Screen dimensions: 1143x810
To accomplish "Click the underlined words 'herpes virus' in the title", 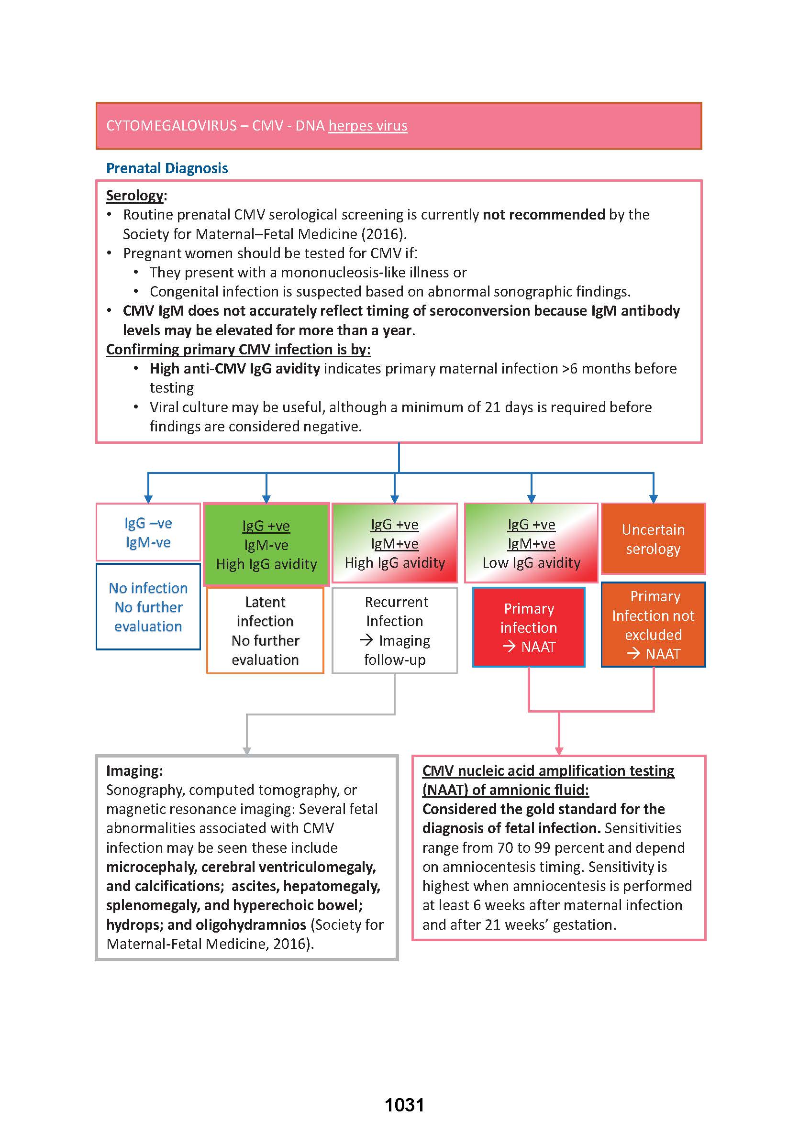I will [367, 126].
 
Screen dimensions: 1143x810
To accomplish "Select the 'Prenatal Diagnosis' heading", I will [167, 168].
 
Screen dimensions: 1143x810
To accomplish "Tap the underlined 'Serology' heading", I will [134, 196].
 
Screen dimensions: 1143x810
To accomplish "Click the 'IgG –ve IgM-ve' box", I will [148, 532].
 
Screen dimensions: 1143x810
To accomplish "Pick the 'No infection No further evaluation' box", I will [148, 606].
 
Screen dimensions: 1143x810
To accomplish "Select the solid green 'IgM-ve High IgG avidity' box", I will [266, 544].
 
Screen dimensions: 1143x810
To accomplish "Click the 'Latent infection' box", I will [266, 631].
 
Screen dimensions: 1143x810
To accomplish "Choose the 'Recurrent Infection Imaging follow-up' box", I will [395, 631].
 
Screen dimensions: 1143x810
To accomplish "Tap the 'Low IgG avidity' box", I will [531, 543].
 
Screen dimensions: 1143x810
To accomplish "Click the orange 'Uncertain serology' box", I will [653, 539].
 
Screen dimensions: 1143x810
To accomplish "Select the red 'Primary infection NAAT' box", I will [529, 627].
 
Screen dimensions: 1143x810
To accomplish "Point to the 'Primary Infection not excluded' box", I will [653, 625].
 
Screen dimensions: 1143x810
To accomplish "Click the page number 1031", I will [404, 1105].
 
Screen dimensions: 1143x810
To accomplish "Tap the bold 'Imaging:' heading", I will [134, 770].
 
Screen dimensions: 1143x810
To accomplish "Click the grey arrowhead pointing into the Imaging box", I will [247, 751].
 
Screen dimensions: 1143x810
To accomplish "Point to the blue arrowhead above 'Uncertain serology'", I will [654, 498].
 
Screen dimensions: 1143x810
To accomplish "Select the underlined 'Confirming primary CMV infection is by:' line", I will [238, 350].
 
